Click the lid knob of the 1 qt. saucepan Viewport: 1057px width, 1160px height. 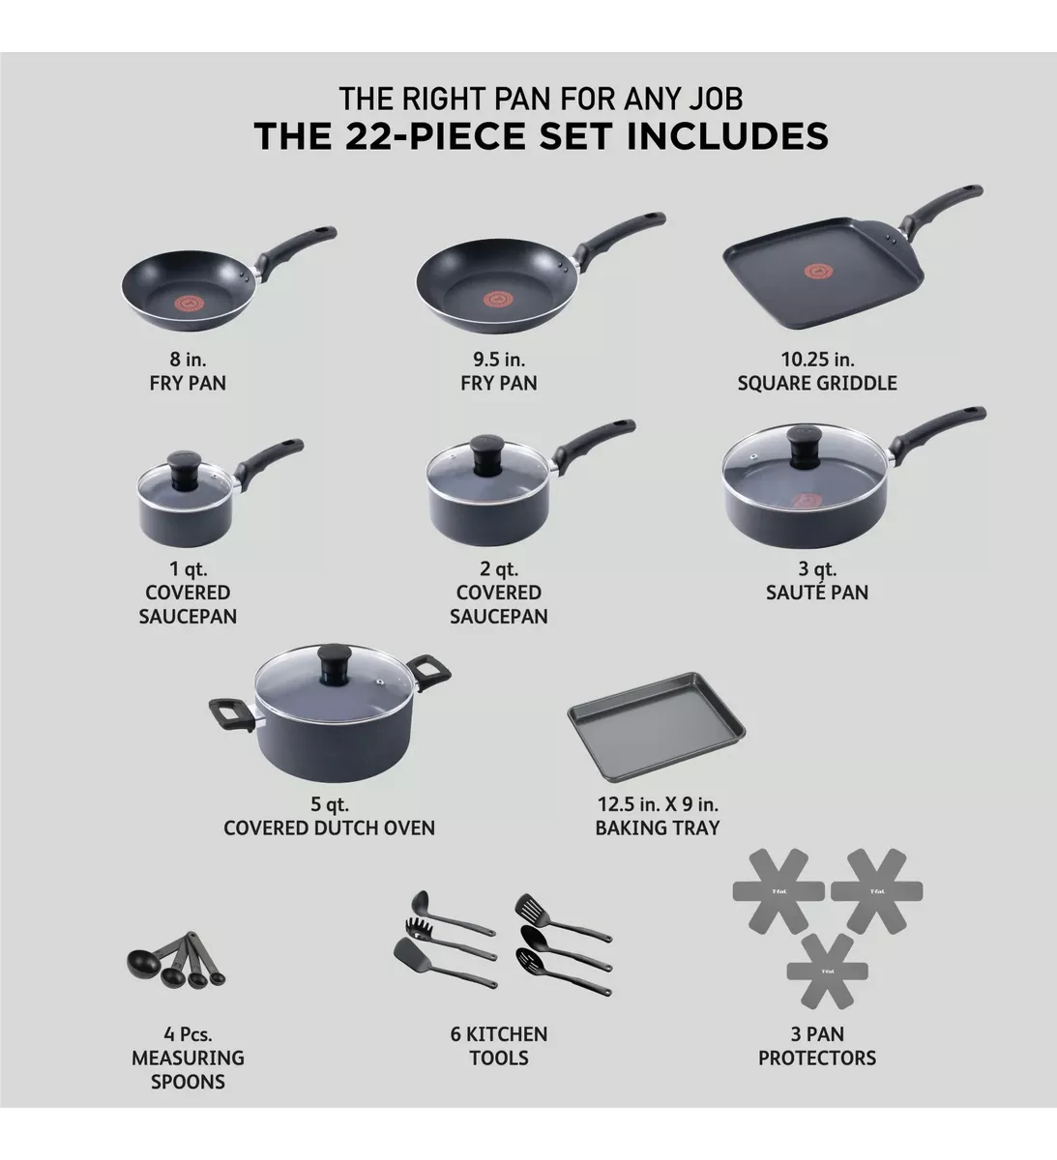180,463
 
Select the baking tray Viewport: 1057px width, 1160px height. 658,734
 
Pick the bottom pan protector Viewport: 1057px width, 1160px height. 827,971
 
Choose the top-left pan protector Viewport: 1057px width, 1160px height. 778,890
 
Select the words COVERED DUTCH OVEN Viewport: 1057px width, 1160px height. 329,827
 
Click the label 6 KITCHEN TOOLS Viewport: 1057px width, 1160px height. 498,1046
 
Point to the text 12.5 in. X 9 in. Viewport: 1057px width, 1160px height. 658,804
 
